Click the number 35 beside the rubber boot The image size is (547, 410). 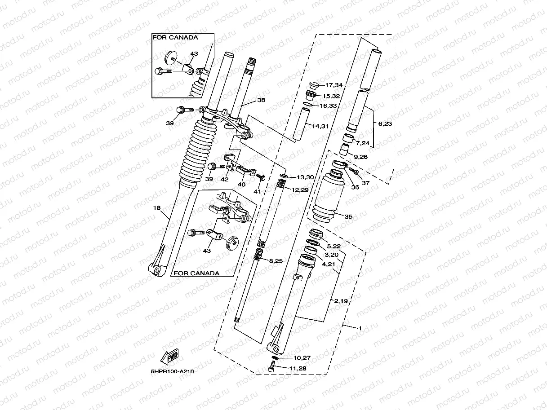348,216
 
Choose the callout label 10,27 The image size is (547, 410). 302,358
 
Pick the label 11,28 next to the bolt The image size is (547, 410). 298,368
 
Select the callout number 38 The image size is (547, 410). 260,101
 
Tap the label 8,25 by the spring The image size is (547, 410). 276,260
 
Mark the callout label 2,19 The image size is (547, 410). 340,301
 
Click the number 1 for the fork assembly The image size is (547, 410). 360,328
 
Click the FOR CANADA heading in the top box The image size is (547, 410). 175,37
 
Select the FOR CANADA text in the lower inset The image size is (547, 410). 196,273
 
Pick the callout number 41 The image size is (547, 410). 257,191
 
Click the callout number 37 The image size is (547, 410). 365,183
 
